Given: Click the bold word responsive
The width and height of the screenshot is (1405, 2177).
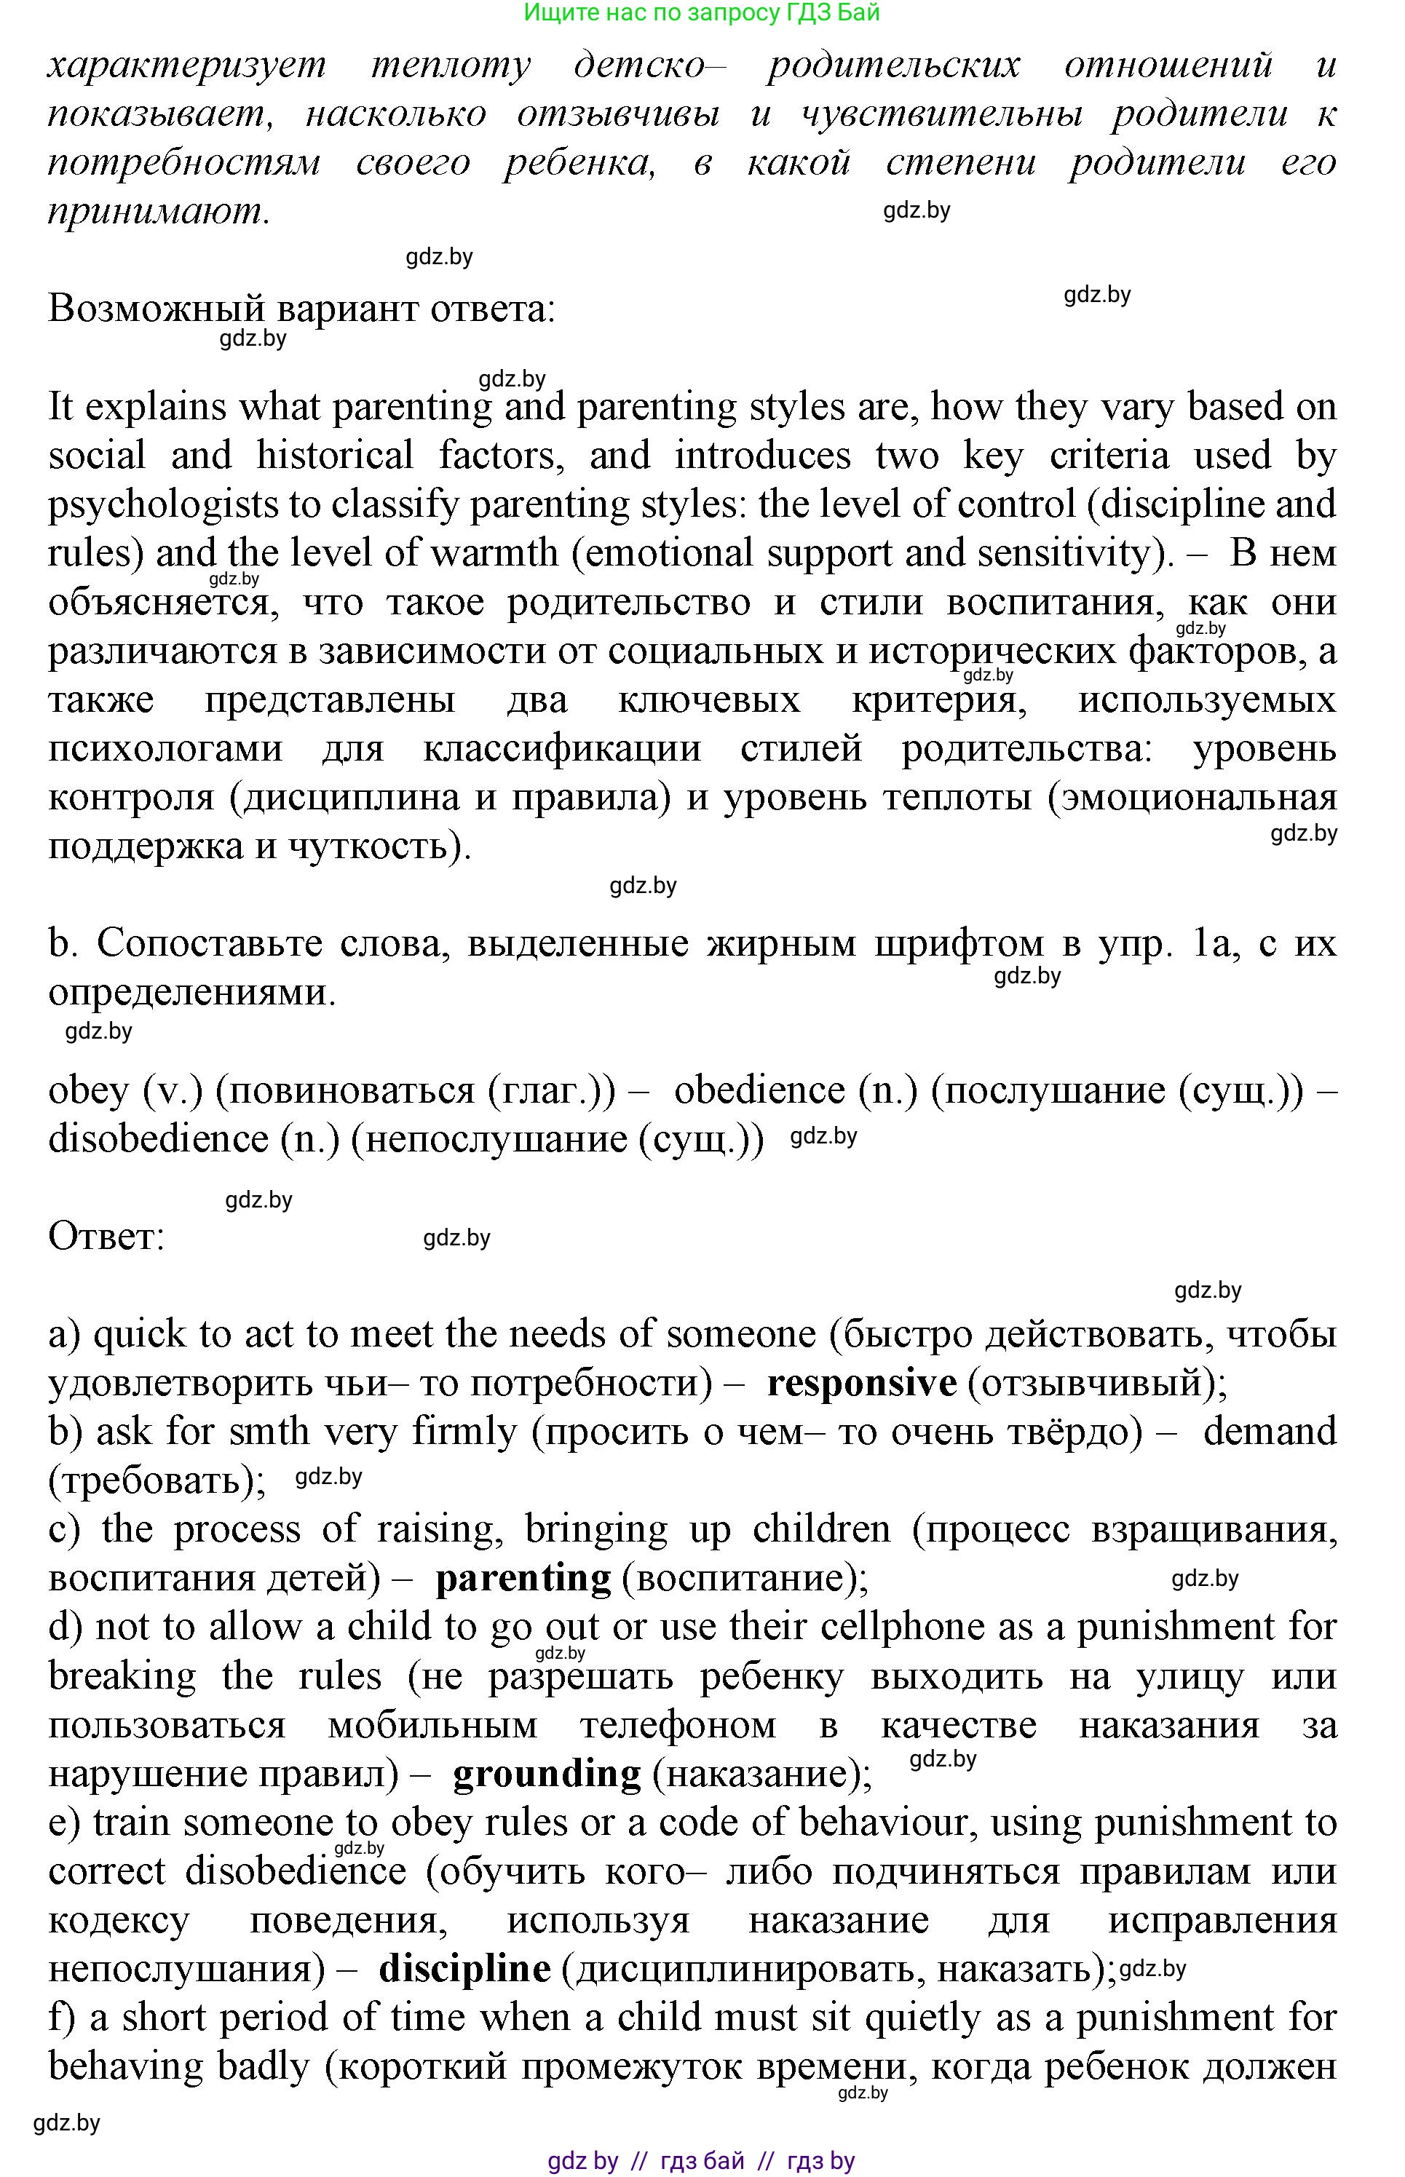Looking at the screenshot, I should click(861, 1384).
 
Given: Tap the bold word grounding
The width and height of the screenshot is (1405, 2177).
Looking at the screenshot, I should click(547, 1774).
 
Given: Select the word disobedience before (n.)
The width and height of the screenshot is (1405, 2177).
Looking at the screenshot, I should click(158, 1139).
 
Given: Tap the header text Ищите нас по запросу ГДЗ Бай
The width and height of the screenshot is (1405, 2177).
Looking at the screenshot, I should click(702, 13).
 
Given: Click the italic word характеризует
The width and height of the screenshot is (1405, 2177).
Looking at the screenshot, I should click(186, 66).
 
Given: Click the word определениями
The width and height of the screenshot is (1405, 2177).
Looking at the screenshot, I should click(191, 992).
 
